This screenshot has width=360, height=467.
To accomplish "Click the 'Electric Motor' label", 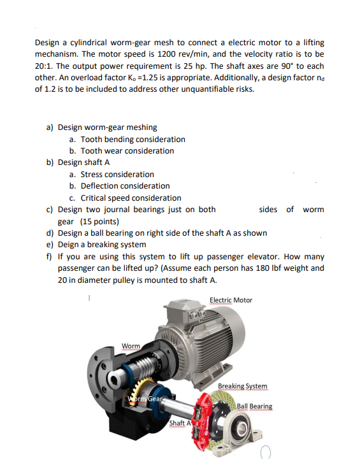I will [231, 300].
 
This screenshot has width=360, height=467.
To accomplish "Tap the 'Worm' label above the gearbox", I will [131, 347].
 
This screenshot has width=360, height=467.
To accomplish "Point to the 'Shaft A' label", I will [179, 423].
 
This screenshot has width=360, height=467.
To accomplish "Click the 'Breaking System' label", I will [242, 386].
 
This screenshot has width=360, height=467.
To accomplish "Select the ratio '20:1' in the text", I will [45, 66].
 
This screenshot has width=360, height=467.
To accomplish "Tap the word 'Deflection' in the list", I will [101, 186].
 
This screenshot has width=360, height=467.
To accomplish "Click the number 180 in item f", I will [262, 268].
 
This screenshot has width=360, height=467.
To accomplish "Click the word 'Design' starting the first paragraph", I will [47, 43].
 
